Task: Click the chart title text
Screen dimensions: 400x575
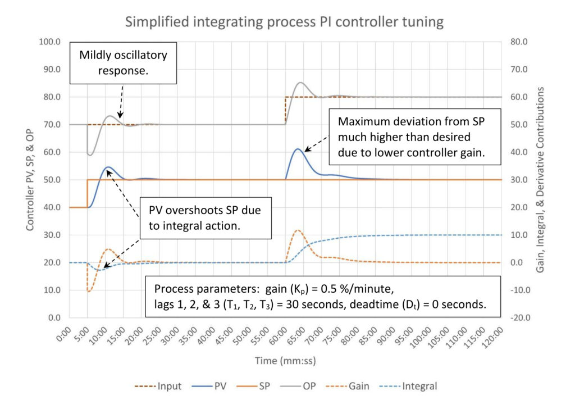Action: coord(284,22)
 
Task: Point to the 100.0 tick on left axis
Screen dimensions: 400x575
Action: coord(51,42)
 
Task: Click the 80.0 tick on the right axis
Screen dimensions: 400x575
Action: coord(516,42)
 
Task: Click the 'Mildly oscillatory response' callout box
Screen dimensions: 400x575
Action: coord(124,62)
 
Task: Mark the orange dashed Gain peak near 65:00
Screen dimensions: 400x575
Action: coord(298,230)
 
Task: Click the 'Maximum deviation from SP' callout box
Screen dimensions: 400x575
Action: coord(415,137)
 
